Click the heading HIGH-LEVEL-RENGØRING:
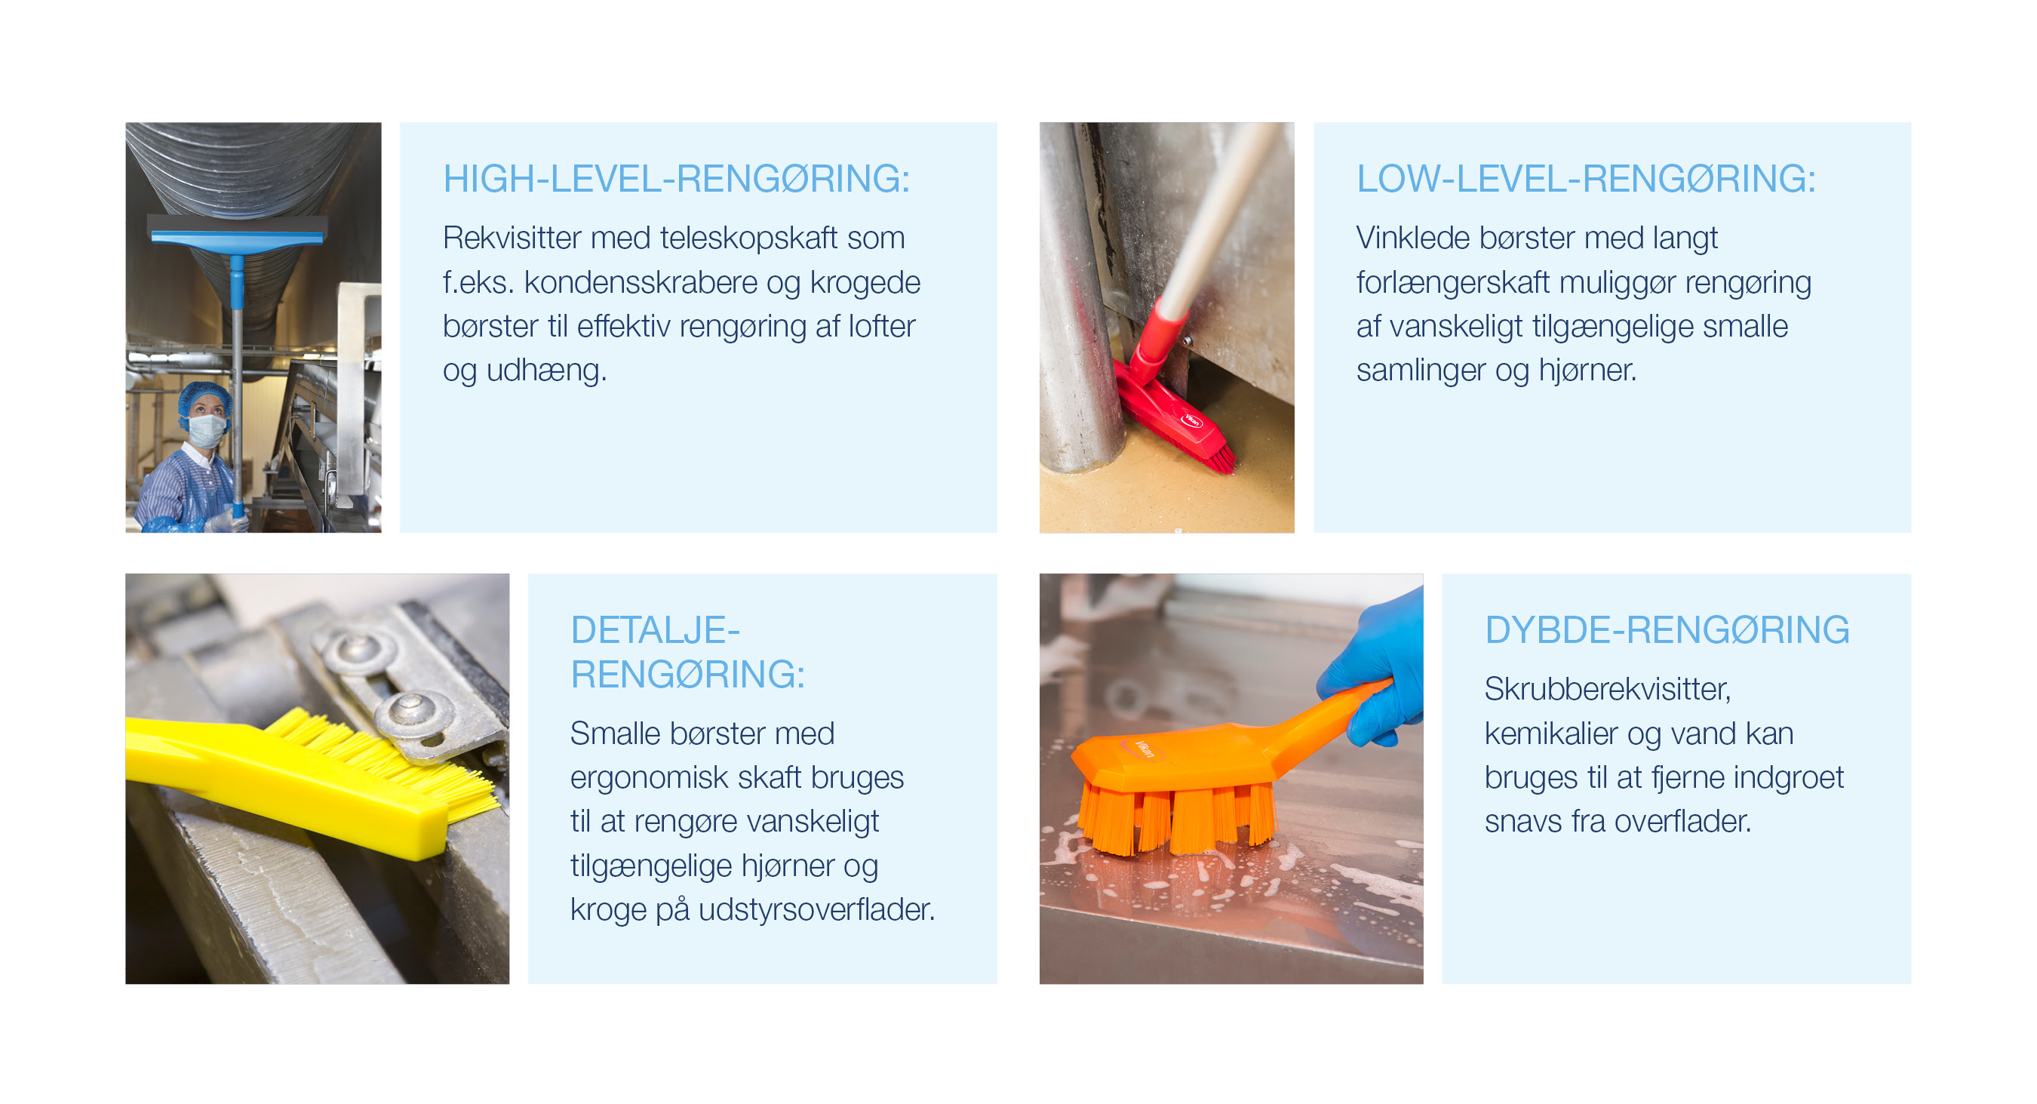pos(676,179)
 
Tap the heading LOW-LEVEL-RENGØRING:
pos(1586,179)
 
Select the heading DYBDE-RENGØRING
pos(1667,630)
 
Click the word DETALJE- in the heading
pos(655,630)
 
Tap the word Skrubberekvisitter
pos(1607,689)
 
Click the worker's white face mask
pos(207,431)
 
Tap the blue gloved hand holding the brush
pos(1380,664)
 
